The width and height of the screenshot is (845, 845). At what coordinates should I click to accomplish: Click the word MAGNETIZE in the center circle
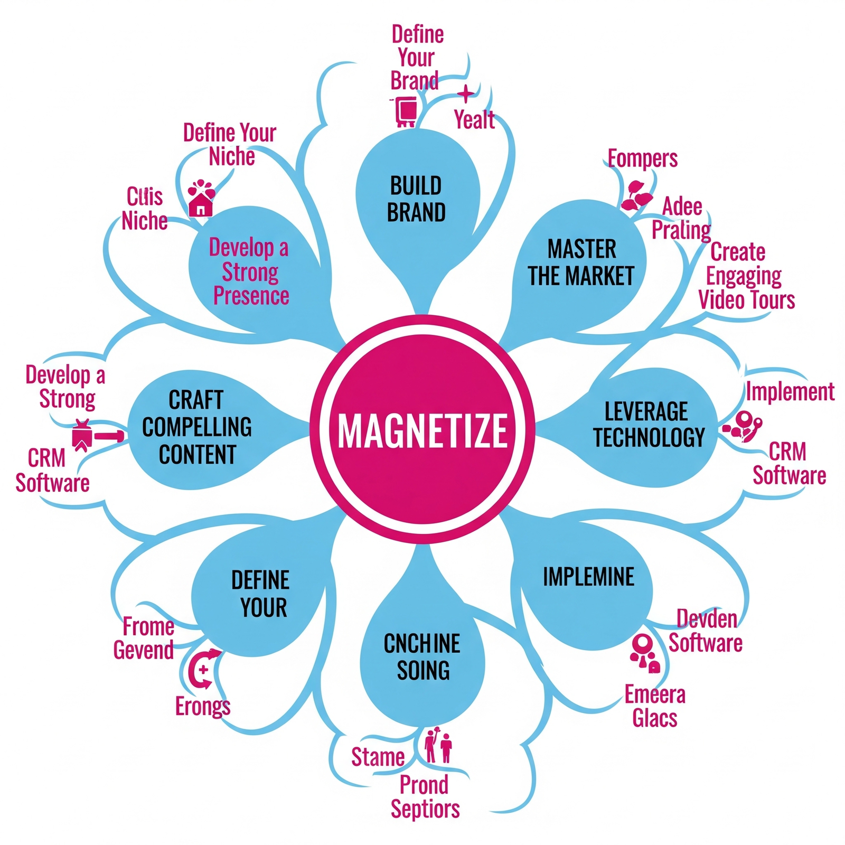422,430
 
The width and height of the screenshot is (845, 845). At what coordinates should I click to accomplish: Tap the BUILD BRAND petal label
417,200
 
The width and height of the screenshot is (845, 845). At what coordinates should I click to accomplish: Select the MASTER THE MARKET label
581,263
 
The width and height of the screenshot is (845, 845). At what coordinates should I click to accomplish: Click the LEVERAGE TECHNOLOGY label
648,424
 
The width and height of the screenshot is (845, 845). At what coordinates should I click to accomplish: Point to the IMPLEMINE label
588,577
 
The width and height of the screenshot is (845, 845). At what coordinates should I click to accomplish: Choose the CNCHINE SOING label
422,657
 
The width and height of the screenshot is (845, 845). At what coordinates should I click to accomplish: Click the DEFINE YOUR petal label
261,594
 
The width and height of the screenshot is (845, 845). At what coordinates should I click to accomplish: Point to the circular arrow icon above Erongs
204,669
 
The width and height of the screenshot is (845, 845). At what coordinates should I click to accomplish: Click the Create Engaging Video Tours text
746,276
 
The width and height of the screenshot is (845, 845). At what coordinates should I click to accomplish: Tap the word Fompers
642,158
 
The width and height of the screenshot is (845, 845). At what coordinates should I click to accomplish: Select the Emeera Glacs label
655,707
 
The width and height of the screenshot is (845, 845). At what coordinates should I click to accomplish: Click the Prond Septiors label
425,797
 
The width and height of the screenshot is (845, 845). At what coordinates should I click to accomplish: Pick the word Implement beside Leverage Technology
790,392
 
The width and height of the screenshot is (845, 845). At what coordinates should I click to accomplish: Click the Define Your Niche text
230,144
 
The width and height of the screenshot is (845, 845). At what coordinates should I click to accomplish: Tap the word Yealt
474,120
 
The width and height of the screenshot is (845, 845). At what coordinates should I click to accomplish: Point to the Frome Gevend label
144,639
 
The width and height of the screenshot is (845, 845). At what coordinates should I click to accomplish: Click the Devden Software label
706,631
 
